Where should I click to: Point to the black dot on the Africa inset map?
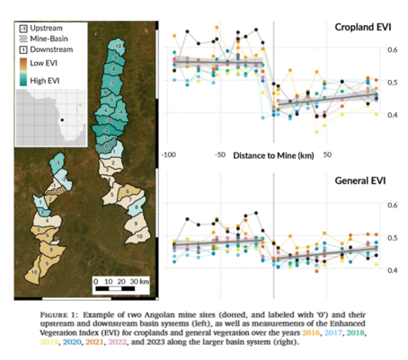tap(61, 119)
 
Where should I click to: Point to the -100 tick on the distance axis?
tap(167, 154)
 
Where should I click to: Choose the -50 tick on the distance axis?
tap(220, 154)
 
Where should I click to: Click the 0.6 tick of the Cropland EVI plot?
tap(392, 49)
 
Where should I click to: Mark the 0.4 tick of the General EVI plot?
tap(392, 270)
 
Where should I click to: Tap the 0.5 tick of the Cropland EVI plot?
tap(392, 83)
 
